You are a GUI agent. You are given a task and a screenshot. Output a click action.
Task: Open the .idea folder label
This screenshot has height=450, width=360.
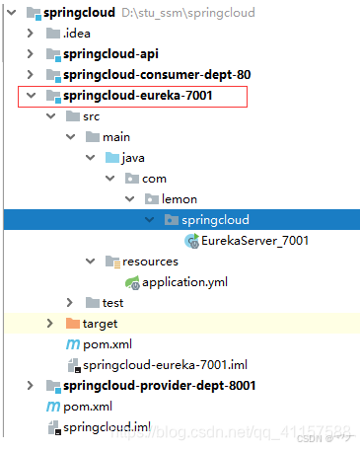(76, 33)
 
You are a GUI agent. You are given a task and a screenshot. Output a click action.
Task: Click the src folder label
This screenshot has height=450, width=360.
(92, 115)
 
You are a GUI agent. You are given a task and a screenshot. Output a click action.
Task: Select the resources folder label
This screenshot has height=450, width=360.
(149, 262)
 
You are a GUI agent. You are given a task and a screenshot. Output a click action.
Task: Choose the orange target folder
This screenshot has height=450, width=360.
(100, 323)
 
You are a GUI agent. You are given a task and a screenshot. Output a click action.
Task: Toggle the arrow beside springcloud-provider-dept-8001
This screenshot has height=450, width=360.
(31, 385)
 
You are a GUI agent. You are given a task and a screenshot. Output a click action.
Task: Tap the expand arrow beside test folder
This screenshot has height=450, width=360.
(69, 302)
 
